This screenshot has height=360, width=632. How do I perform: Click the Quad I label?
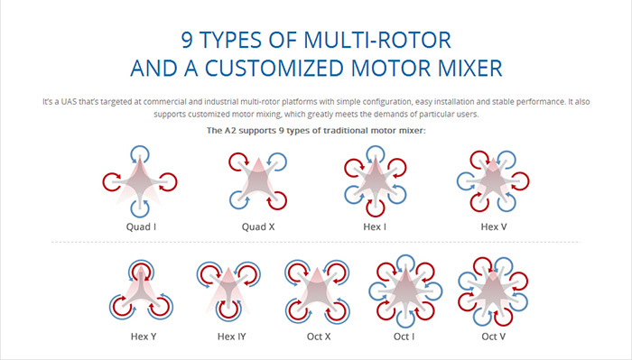[141, 226]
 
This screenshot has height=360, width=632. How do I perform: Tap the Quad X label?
[258, 226]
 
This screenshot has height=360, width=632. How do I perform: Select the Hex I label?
[375, 226]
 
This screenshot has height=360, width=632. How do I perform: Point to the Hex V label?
[493, 226]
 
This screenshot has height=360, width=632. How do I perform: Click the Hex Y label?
[144, 337]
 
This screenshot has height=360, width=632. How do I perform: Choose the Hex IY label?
[231, 337]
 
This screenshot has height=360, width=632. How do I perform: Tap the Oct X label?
[319, 337]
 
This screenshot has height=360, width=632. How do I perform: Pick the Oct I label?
[404, 337]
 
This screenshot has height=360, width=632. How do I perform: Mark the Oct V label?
[493, 337]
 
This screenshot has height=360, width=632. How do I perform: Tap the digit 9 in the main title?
[187, 40]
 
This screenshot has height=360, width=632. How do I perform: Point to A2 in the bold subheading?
[229, 131]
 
